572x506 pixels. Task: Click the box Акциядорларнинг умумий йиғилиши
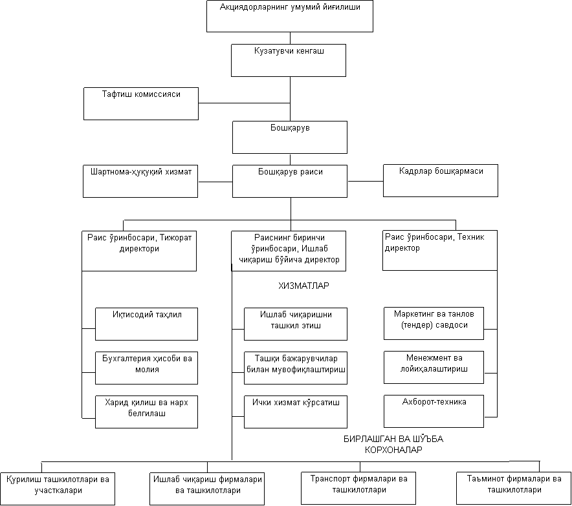289,16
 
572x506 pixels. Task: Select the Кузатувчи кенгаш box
289,60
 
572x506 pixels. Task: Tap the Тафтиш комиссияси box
141,103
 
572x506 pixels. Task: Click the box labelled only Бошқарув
290,137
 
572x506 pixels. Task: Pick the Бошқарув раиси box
290,181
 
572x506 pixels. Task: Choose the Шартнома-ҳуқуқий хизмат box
140,181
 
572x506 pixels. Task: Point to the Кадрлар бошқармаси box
441,180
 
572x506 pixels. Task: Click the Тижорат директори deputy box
139,251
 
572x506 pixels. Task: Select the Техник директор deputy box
440,251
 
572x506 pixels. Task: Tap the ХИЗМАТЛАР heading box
304,290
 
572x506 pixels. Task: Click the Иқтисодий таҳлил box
147,324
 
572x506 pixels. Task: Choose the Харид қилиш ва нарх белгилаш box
147,411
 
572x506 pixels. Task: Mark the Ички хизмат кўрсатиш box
296,411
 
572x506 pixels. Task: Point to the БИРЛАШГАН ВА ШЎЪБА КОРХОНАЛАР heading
393,445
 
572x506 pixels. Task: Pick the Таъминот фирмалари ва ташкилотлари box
514,485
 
